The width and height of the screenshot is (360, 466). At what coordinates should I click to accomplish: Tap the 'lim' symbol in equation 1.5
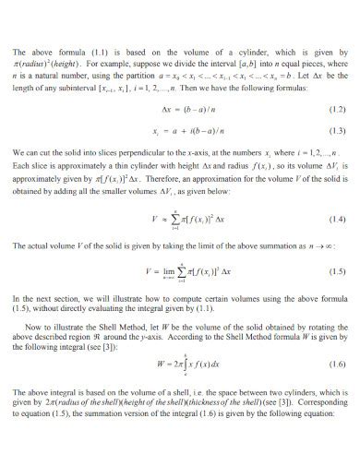tap(168, 271)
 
